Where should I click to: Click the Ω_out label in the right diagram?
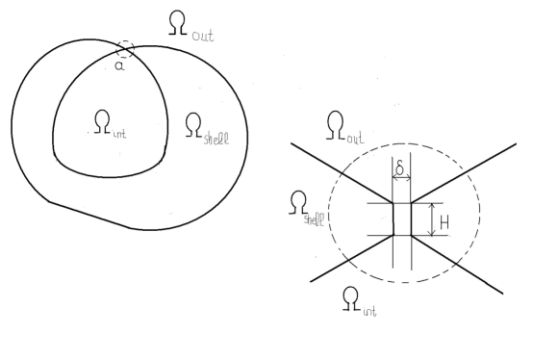coord(345,127)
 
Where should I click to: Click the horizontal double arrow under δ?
coord(402,180)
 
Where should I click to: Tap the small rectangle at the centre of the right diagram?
coord(402,219)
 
